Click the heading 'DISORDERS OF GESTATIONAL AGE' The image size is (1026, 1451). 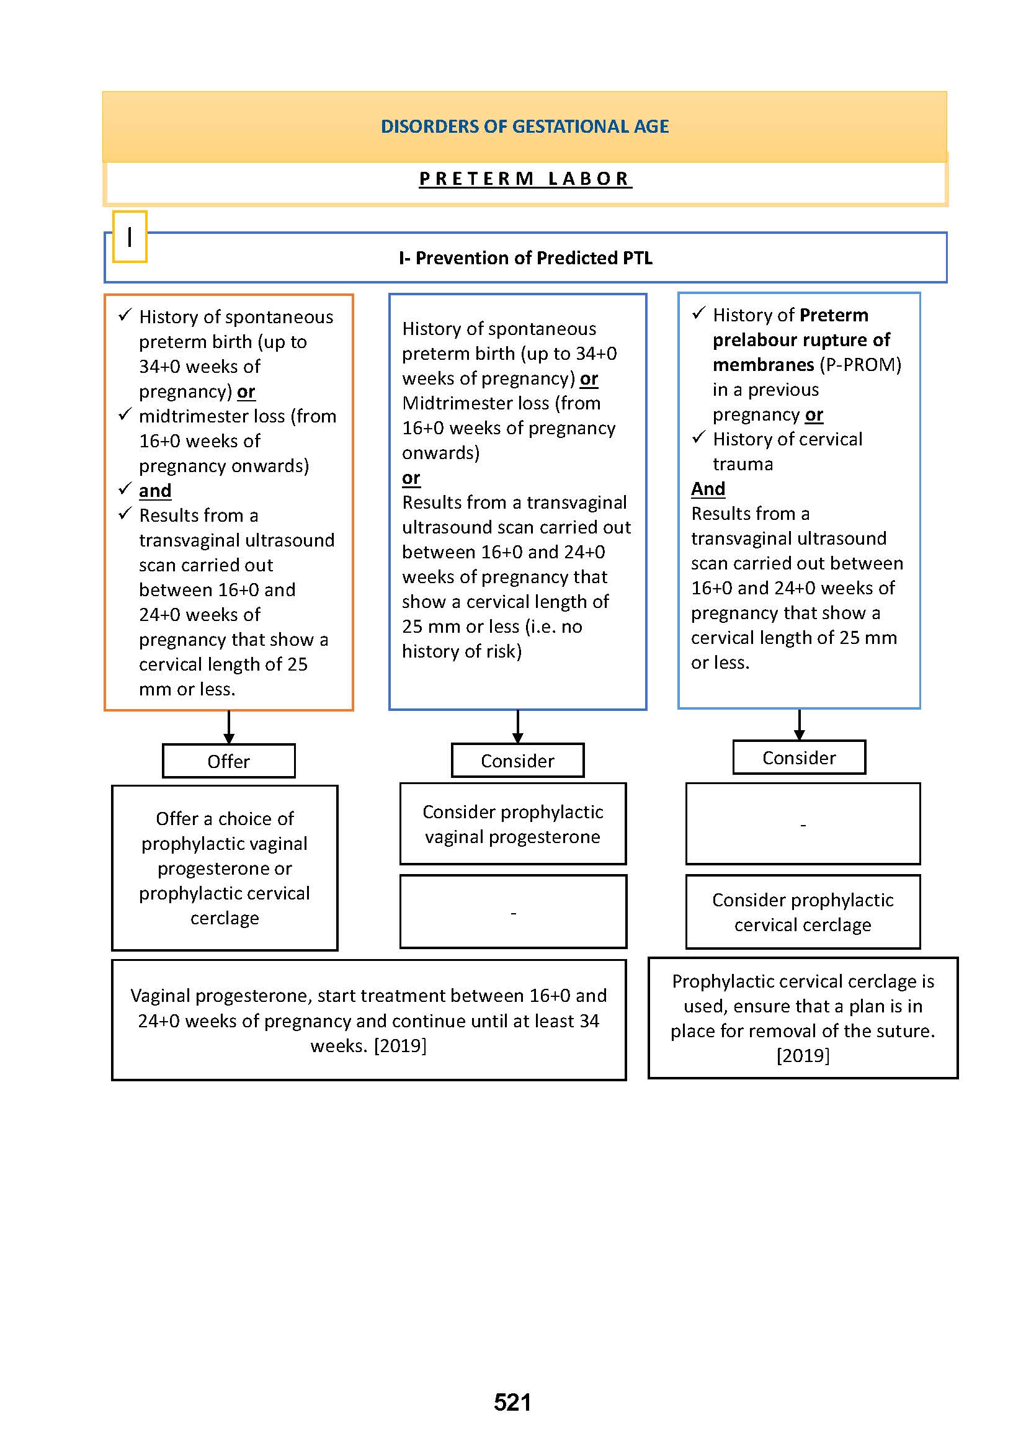(x=524, y=127)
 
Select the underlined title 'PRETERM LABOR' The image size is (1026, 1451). (x=524, y=179)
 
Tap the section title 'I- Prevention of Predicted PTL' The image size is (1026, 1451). (x=525, y=258)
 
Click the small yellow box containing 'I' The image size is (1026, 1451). (x=130, y=237)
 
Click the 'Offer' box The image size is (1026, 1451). (x=229, y=762)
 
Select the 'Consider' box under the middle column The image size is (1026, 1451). (x=517, y=761)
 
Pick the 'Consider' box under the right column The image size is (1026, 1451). (x=799, y=757)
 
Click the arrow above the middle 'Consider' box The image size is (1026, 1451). (x=517, y=727)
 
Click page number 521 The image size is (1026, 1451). (x=512, y=1403)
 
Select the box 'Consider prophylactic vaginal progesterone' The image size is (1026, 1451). (x=512, y=824)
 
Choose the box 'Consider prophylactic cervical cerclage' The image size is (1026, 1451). (x=802, y=912)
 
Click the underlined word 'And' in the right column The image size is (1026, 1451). (x=708, y=489)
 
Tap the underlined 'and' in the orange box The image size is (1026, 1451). (x=155, y=491)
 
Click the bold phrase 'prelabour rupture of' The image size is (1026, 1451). (x=801, y=340)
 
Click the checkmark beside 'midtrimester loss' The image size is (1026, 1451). (x=125, y=415)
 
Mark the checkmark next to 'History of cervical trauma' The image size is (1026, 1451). (x=698, y=438)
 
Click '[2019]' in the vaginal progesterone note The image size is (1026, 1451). (x=400, y=1046)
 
